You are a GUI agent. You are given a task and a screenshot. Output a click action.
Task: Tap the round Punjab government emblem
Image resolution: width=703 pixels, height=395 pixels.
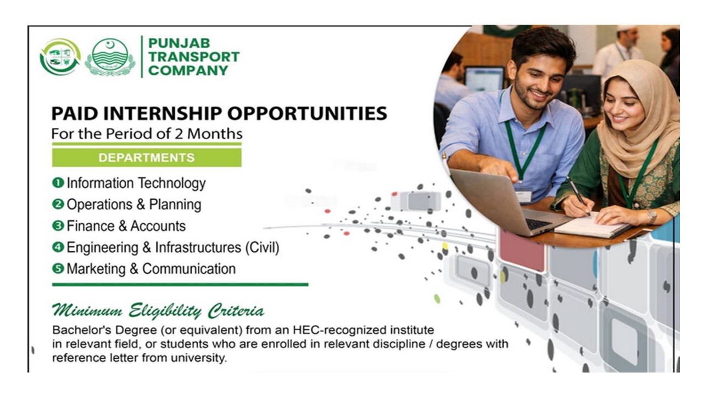pos(110,57)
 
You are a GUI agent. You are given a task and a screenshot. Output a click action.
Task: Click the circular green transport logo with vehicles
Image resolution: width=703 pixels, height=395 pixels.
pos(60,57)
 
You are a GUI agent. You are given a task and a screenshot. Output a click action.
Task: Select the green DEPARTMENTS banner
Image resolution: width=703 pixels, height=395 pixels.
pos(146,157)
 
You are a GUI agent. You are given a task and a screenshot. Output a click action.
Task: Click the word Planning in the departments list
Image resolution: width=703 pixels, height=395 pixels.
pos(177,205)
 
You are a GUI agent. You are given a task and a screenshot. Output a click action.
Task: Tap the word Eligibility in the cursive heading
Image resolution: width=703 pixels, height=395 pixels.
pos(165,312)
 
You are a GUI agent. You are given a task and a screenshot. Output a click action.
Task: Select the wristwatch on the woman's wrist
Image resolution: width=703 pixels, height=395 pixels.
pos(652,216)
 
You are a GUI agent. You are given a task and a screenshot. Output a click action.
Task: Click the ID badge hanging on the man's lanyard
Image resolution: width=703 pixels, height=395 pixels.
pos(523,195)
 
